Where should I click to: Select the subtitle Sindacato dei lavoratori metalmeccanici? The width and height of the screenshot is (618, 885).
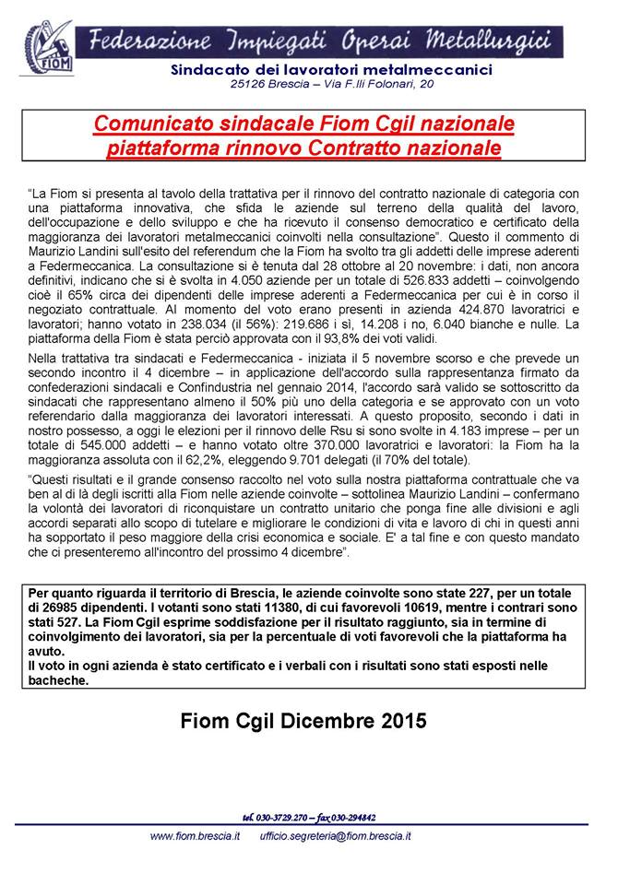tap(332, 70)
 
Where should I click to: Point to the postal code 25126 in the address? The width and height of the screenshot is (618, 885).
tap(250, 85)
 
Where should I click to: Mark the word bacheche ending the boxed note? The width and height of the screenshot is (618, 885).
tap(59, 680)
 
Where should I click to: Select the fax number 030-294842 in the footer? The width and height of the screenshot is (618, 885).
tap(348, 817)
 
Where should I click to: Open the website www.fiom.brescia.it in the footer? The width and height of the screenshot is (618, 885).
tap(195, 835)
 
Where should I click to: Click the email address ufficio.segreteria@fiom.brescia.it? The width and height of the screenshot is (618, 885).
tap(336, 835)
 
